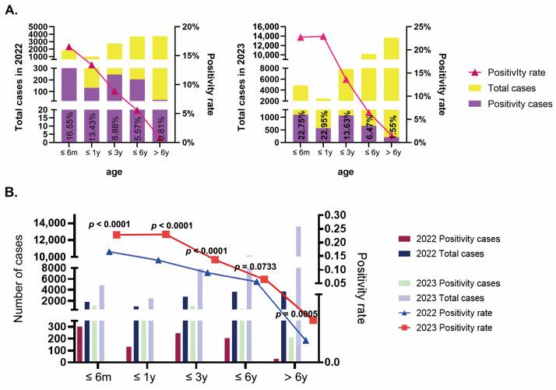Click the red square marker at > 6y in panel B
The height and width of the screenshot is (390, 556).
point(313,321)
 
